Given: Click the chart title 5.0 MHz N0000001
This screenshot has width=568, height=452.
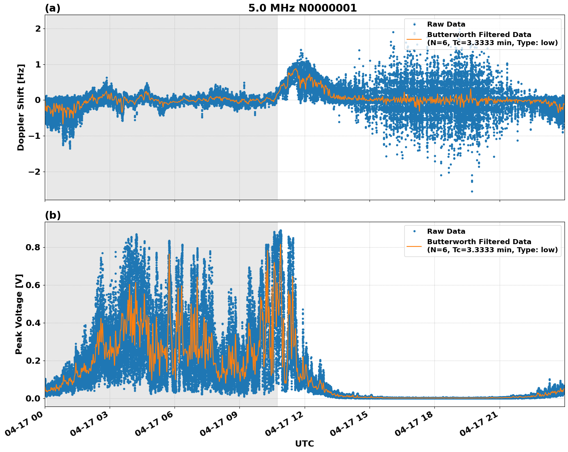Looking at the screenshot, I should click(x=302, y=8).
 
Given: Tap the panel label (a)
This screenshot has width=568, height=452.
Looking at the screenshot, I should click(x=53, y=8).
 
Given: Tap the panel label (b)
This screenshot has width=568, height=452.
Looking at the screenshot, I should click(x=53, y=215).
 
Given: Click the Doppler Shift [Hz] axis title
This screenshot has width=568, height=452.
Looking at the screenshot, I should click(x=21, y=107).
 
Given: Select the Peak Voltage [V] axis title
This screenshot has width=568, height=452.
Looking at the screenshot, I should click(x=19, y=314).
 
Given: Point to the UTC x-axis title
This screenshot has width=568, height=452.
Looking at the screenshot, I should click(x=304, y=444).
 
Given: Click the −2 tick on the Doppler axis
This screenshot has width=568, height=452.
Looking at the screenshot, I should click(x=34, y=172).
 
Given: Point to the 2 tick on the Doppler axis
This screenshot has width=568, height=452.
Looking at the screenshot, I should click(x=38, y=29).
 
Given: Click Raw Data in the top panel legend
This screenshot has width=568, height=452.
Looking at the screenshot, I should click(x=446, y=24).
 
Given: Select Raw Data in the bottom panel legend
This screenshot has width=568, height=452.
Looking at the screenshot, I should click(x=446, y=231).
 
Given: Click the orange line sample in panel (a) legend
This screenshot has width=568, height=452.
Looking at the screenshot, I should click(x=414, y=39).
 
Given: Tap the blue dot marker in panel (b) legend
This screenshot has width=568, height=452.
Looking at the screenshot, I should click(x=414, y=231).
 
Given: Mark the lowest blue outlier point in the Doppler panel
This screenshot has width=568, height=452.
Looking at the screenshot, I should click(x=471, y=191).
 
